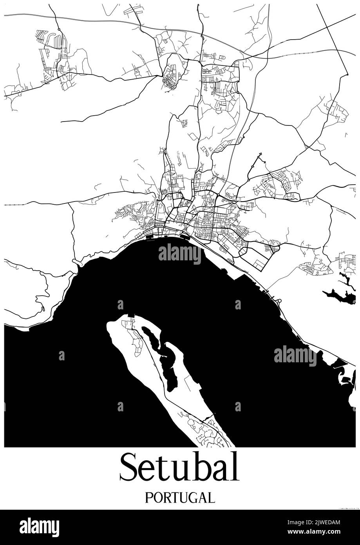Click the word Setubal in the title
click(x=179, y=467)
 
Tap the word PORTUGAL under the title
click(x=180, y=498)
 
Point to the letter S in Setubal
click(x=129, y=467)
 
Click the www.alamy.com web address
click(x=319, y=532)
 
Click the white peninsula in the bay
click(x=157, y=369)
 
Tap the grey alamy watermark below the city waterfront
click(x=180, y=254)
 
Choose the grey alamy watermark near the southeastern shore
click(x=295, y=356)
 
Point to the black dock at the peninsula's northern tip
click(x=131, y=315)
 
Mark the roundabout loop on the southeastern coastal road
click(x=279, y=301)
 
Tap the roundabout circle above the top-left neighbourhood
click(x=58, y=29)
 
